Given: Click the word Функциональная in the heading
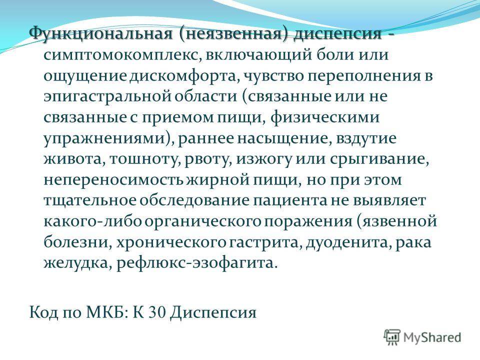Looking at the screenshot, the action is [x=101, y=33].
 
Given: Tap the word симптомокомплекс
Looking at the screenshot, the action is [x=122, y=55].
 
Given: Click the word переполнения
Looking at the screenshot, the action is [x=364, y=76].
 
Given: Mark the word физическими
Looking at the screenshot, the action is [x=325, y=117].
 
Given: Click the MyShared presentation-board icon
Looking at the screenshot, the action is [x=392, y=337].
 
